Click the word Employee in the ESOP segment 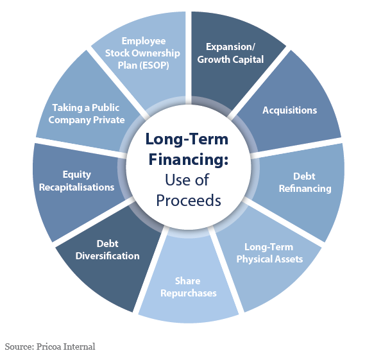coord(144,42)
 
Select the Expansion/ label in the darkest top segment coord(231,47)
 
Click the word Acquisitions coord(289,110)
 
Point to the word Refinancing coord(305,189)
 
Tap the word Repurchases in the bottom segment coord(189,293)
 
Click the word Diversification coord(108,256)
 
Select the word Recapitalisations coord(76,187)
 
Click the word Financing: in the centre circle coord(189,159)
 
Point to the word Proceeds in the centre coord(189,200)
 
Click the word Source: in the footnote coord(19,347)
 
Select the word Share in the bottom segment coord(188,281)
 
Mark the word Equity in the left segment coord(77,175)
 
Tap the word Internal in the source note coord(79,347)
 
